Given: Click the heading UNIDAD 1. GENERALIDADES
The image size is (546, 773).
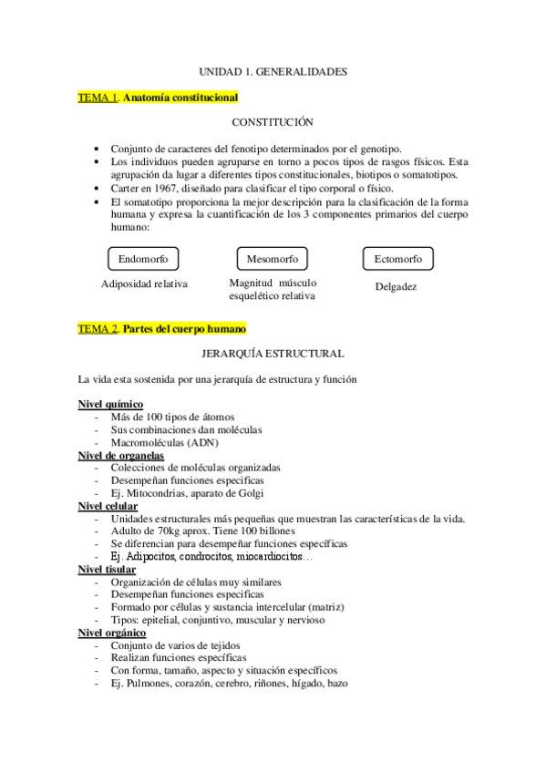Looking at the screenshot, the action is pyautogui.click(x=273, y=69).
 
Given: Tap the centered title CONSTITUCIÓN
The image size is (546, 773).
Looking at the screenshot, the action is pyautogui.click(x=273, y=122).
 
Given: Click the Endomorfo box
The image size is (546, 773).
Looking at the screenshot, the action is pyautogui.click(x=143, y=259).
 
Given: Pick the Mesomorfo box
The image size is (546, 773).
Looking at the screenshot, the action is pyautogui.click(x=272, y=259).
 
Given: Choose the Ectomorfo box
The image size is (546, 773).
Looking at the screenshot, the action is pyautogui.click(x=398, y=259).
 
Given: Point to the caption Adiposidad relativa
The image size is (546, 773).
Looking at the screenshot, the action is pyautogui.click(x=144, y=283).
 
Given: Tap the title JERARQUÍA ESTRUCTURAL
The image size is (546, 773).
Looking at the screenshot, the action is pyautogui.click(x=273, y=353).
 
